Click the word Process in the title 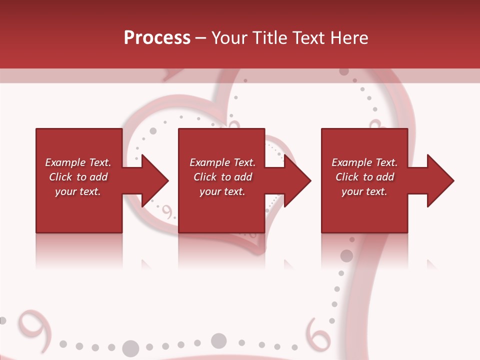click(x=157, y=38)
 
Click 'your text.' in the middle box click(x=222, y=191)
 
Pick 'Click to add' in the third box click(x=364, y=177)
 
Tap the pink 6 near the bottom click(x=318, y=333)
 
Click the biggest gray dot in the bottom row click(x=130, y=348)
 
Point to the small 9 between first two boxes click(x=168, y=212)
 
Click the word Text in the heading click(x=307, y=38)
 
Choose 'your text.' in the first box click(x=77, y=191)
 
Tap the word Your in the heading click(x=229, y=38)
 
